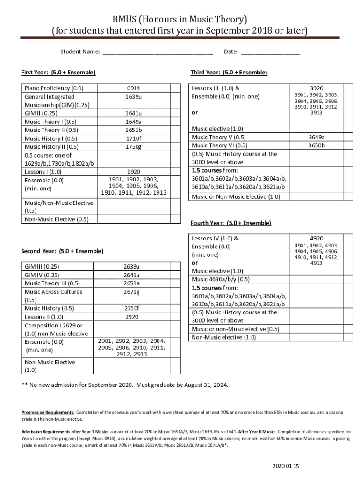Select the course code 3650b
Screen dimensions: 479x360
click(x=316, y=145)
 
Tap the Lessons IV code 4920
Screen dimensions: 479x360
click(x=316, y=238)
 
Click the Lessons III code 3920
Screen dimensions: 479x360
click(x=316, y=88)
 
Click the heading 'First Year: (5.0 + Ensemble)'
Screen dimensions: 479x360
click(x=58, y=73)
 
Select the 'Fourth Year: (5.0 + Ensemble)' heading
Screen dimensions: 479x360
click(x=230, y=223)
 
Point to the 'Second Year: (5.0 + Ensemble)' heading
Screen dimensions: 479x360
click(x=62, y=251)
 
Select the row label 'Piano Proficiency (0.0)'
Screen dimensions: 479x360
click(x=54, y=88)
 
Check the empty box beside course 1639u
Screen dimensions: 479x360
click(x=175, y=96)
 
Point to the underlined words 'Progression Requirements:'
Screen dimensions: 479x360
click(x=48, y=413)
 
